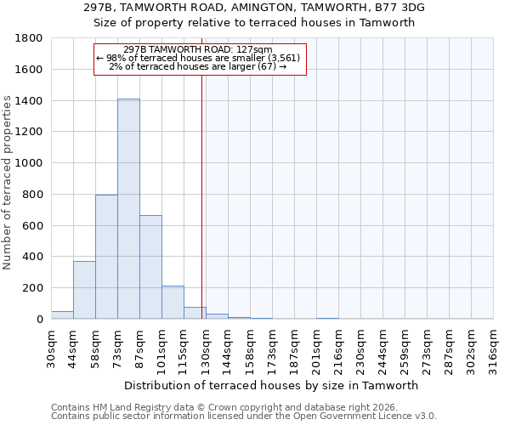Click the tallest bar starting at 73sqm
coord(128,209)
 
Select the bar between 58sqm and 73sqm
coord(106,257)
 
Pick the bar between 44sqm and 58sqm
coord(84,290)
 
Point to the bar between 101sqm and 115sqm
coord(173,303)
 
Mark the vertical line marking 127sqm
coord(201,195)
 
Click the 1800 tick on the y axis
coord(31,38)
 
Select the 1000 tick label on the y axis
coord(31,163)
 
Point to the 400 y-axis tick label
coord(34,257)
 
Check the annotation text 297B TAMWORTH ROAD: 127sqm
coord(198,49)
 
